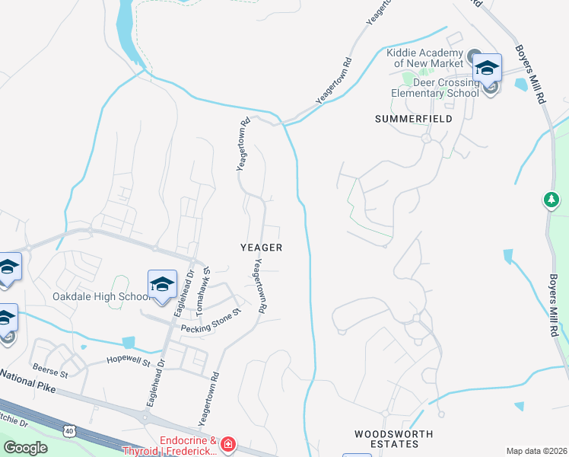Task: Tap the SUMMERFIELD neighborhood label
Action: click(414, 119)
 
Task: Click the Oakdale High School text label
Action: click(101, 296)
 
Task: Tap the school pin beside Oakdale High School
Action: click(162, 285)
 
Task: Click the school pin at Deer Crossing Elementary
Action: click(487, 69)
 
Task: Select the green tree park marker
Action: click(552, 200)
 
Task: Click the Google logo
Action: click(25, 448)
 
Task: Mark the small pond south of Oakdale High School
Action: click(128, 343)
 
